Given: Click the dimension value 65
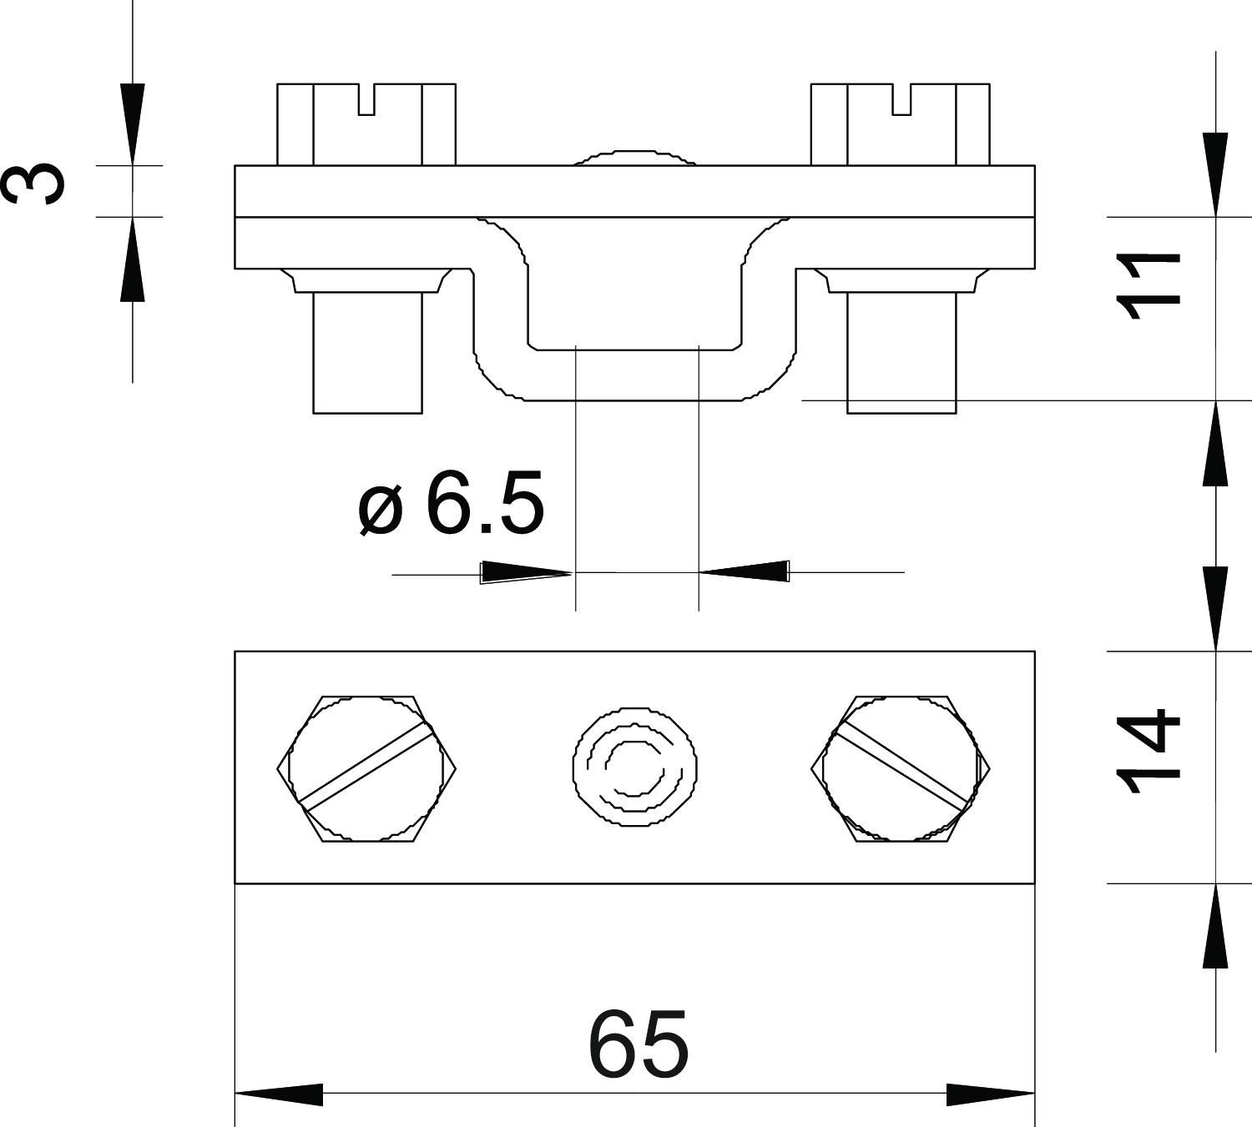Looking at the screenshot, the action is (x=638, y=1044).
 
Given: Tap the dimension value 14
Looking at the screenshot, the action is (x=1147, y=750).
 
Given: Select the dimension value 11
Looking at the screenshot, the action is (x=1147, y=286).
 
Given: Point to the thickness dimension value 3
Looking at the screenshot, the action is (x=33, y=183).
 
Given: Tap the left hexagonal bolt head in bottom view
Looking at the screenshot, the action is (x=366, y=769).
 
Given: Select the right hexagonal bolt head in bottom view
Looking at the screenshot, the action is (x=901, y=769).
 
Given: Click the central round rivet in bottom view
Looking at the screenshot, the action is (x=634, y=767).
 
